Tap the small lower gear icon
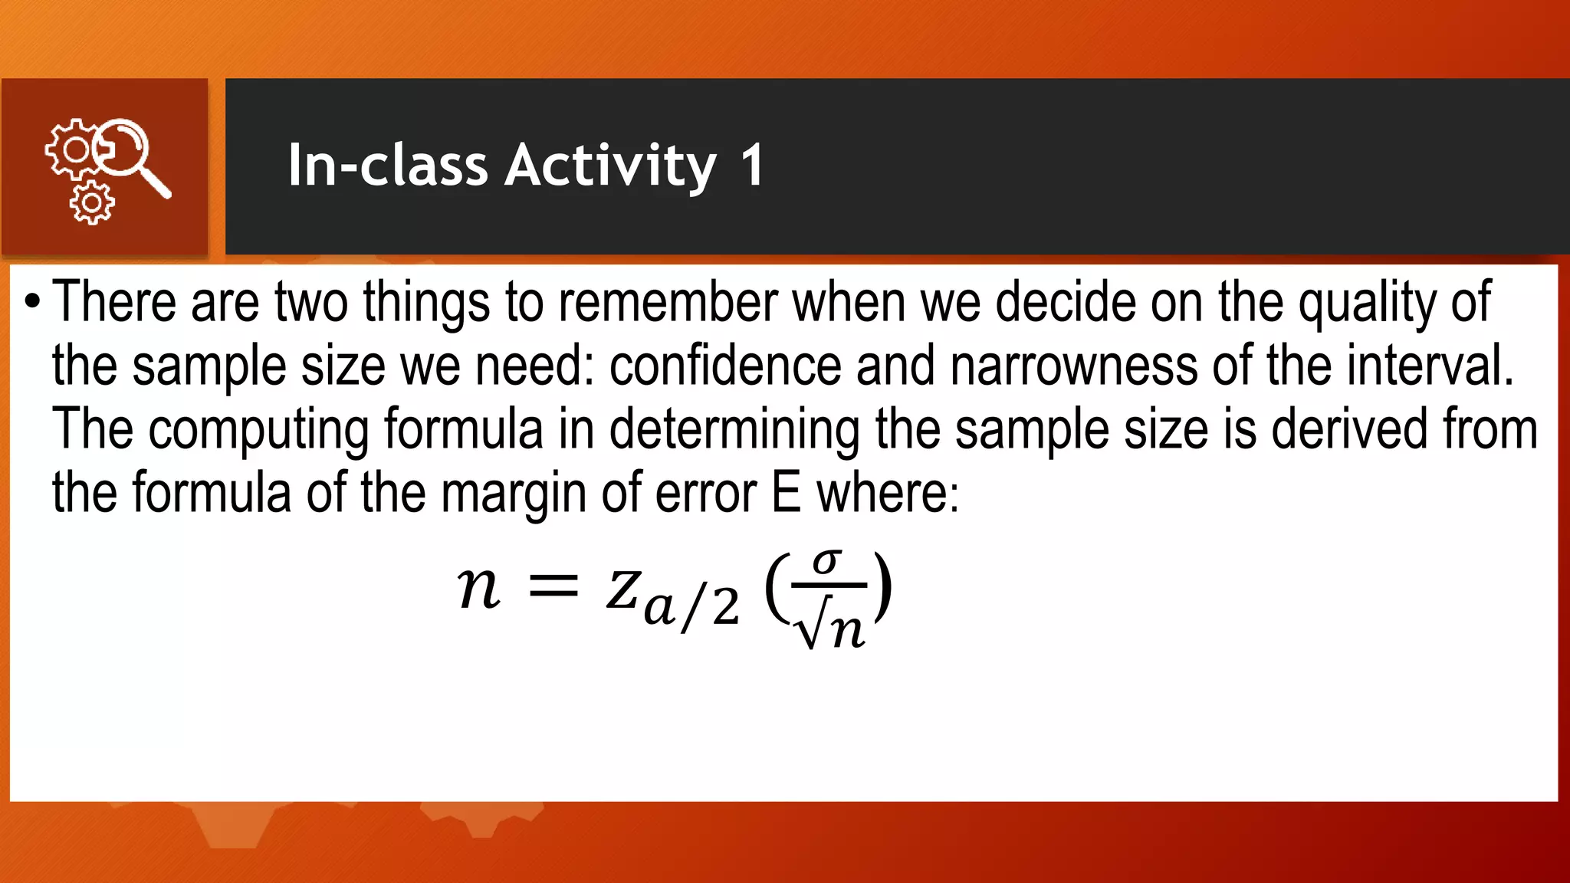pos(92,203)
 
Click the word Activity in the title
pos(610,166)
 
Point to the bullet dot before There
pos(31,302)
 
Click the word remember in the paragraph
pos(667,302)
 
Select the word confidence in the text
pos(725,366)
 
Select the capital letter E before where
pos(787,492)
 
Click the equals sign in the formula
pos(553,588)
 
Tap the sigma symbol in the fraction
pos(827,563)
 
